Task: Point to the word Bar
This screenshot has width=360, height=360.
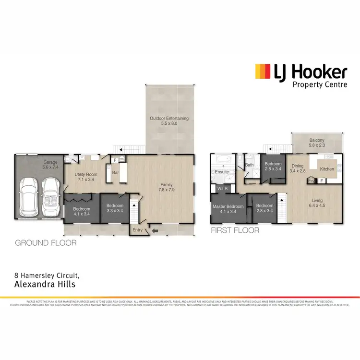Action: click(x=116, y=172)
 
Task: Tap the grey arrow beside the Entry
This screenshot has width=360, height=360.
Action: click(x=155, y=231)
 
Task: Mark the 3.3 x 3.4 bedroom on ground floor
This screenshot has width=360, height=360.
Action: click(x=115, y=209)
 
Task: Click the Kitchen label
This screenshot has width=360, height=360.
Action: click(x=327, y=169)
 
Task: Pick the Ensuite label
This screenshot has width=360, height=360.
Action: click(x=222, y=171)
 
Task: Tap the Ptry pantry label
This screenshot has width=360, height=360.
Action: click(x=311, y=182)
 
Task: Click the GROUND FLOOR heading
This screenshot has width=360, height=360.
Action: click(x=46, y=243)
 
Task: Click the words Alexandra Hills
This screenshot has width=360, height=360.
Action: click(x=41, y=285)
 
